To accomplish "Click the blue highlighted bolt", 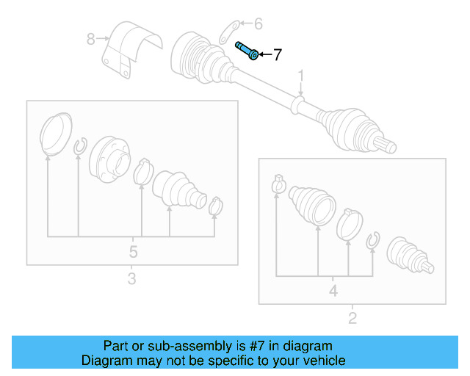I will (x=246, y=51).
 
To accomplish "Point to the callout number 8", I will (x=91, y=39).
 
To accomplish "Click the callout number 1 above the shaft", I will (x=300, y=76).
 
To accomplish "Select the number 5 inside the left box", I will (x=133, y=252).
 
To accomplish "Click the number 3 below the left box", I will (x=131, y=279).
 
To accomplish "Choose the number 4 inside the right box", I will (x=333, y=292).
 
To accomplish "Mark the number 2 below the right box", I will (x=352, y=318).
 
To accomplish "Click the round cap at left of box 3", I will (x=54, y=134).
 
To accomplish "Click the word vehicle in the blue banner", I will (x=319, y=361).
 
